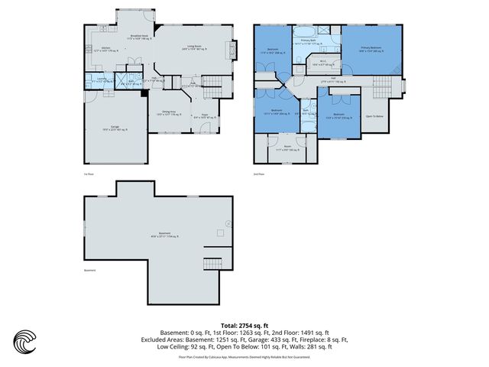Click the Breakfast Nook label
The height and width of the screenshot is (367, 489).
(139, 36)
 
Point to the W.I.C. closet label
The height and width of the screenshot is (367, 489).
(324, 63)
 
